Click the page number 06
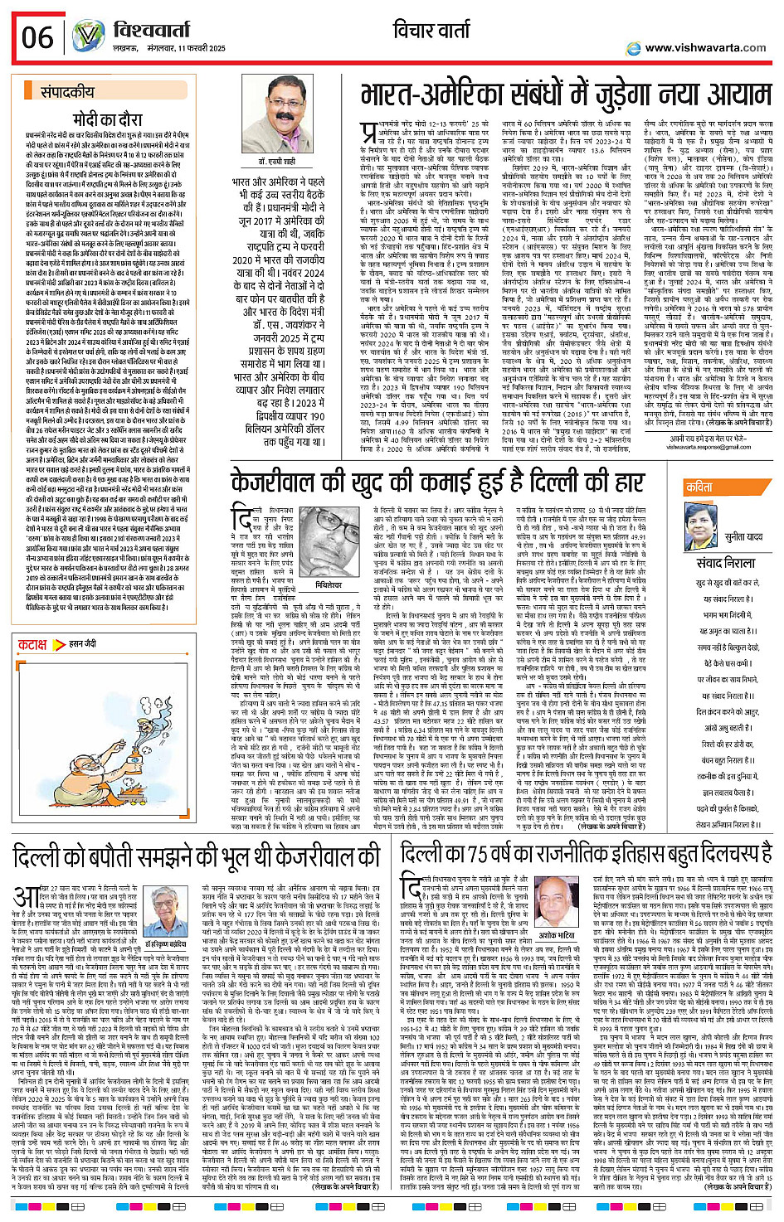pyautogui.click(x=37, y=36)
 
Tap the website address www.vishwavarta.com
pyautogui.click(x=704, y=47)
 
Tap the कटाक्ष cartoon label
pyautogui.click(x=32, y=643)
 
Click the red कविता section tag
pyautogui.click(x=699, y=488)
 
